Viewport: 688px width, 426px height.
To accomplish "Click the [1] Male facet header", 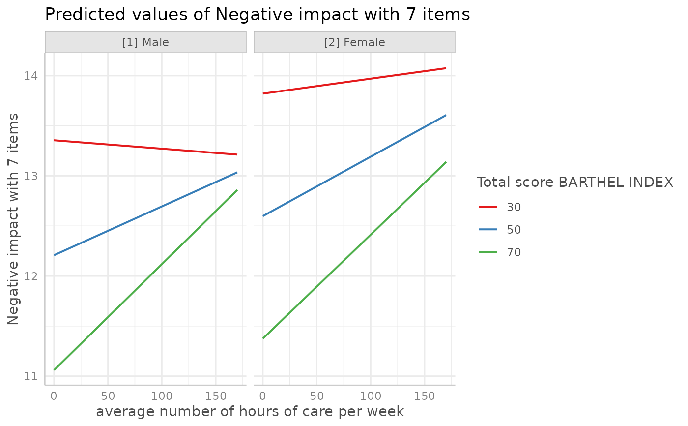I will pos(145,42).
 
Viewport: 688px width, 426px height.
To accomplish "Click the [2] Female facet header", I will pos(354,42).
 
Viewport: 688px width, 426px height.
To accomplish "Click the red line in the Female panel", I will pos(354,81).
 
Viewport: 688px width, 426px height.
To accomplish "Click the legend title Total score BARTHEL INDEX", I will pos(574,183).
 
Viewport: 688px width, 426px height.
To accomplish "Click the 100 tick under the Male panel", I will pos(162,396).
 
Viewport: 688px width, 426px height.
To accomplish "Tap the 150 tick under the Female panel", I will pos(425,396).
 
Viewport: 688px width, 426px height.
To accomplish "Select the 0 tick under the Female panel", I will pos(263,396).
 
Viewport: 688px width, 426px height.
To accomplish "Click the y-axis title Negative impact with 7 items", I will pos(13,219).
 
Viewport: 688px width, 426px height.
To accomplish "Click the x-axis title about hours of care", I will pos(250,411).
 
